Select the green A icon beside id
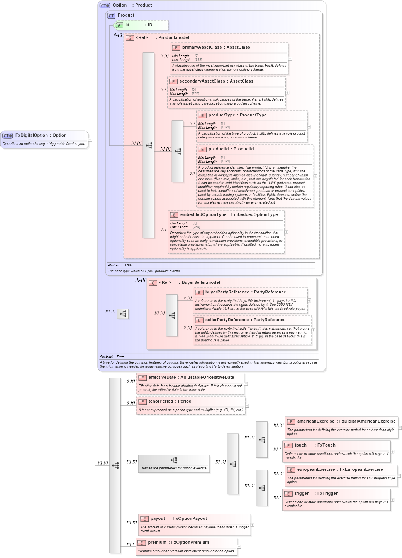tap(119, 25)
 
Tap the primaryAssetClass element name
tap(202, 47)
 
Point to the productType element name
tap(221, 115)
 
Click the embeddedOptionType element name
tap(203, 215)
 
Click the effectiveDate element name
tap(163, 378)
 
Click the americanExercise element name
tap(315, 421)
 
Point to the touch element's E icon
tap(288, 446)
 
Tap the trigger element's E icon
tap(288, 494)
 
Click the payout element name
tap(158, 519)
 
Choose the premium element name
tap(157, 543)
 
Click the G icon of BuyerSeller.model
tap(153, 283)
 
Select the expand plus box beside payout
tap(253, 525)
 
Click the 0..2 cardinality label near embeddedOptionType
tap(163, 229)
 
